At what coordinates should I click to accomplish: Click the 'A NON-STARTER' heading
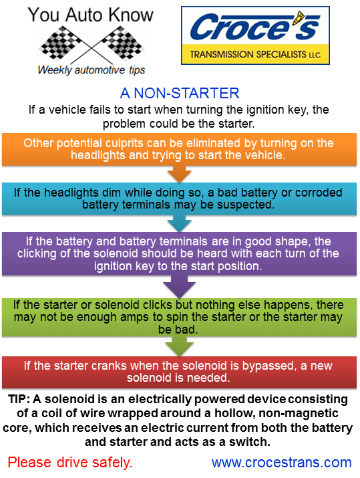tap(180, 93)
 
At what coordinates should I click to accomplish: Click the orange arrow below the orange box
tap(178, 174)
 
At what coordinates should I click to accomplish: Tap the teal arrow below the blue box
tap(178, 222)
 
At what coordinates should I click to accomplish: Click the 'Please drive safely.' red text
tap(70, 462)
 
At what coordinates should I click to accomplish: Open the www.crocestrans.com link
tap(281, 462)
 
